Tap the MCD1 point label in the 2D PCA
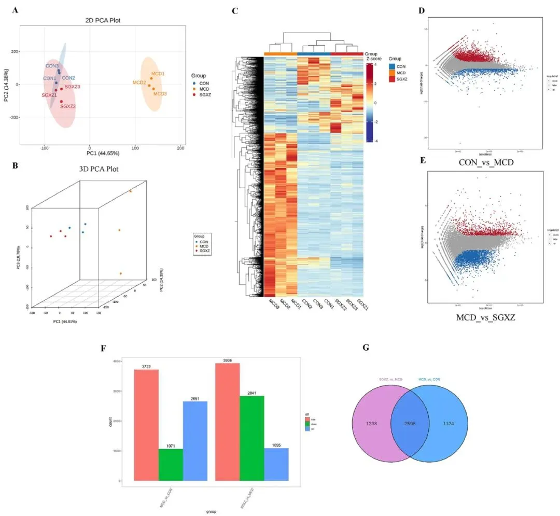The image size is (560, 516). [x=158, y=74]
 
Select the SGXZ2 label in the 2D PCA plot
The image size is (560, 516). [x=68, y=106]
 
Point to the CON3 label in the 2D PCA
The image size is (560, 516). [x=52, y=66]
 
